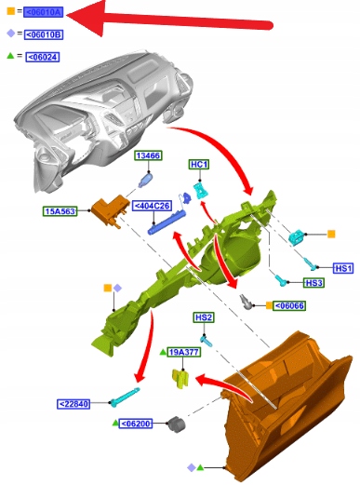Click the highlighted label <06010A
tap(44, 12)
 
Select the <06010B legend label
tap(44, 34)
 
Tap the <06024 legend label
tap(43, 57)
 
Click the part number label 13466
tap(148, 155)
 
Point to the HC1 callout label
tap(199, 165)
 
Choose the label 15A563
tap(60, 211)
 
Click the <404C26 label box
tap(153, 206)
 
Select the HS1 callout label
tap(343, 268)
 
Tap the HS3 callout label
tap(313, 283)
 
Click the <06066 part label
tap(289, 305)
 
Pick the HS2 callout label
tap(204, 317)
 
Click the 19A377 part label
tap(184, 352)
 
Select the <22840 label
tap(73, 404)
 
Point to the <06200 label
tap(136, 424)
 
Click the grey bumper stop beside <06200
tap(176, 424)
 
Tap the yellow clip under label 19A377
tap(180, 378)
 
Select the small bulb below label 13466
tap(145, 181)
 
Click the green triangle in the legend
tap(10, 56)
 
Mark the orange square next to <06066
tap(269, 305)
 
